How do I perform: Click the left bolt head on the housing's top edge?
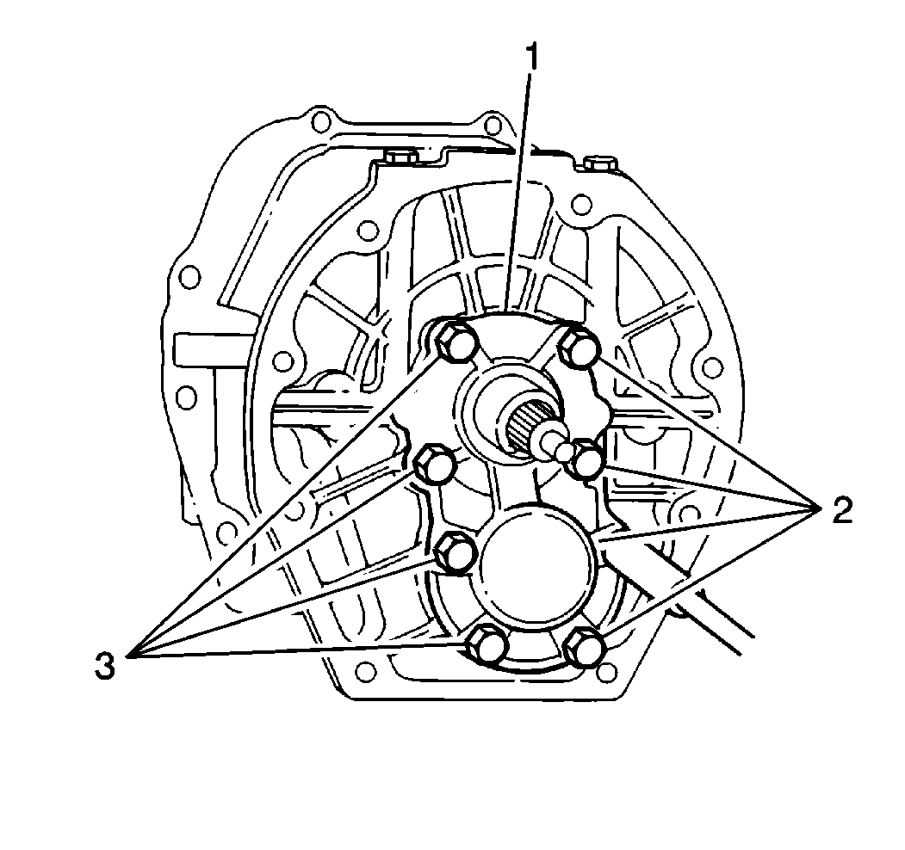[x=399, y=158]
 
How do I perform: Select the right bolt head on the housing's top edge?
[x=598, y=163]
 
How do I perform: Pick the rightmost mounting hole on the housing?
[x=712, y=368]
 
